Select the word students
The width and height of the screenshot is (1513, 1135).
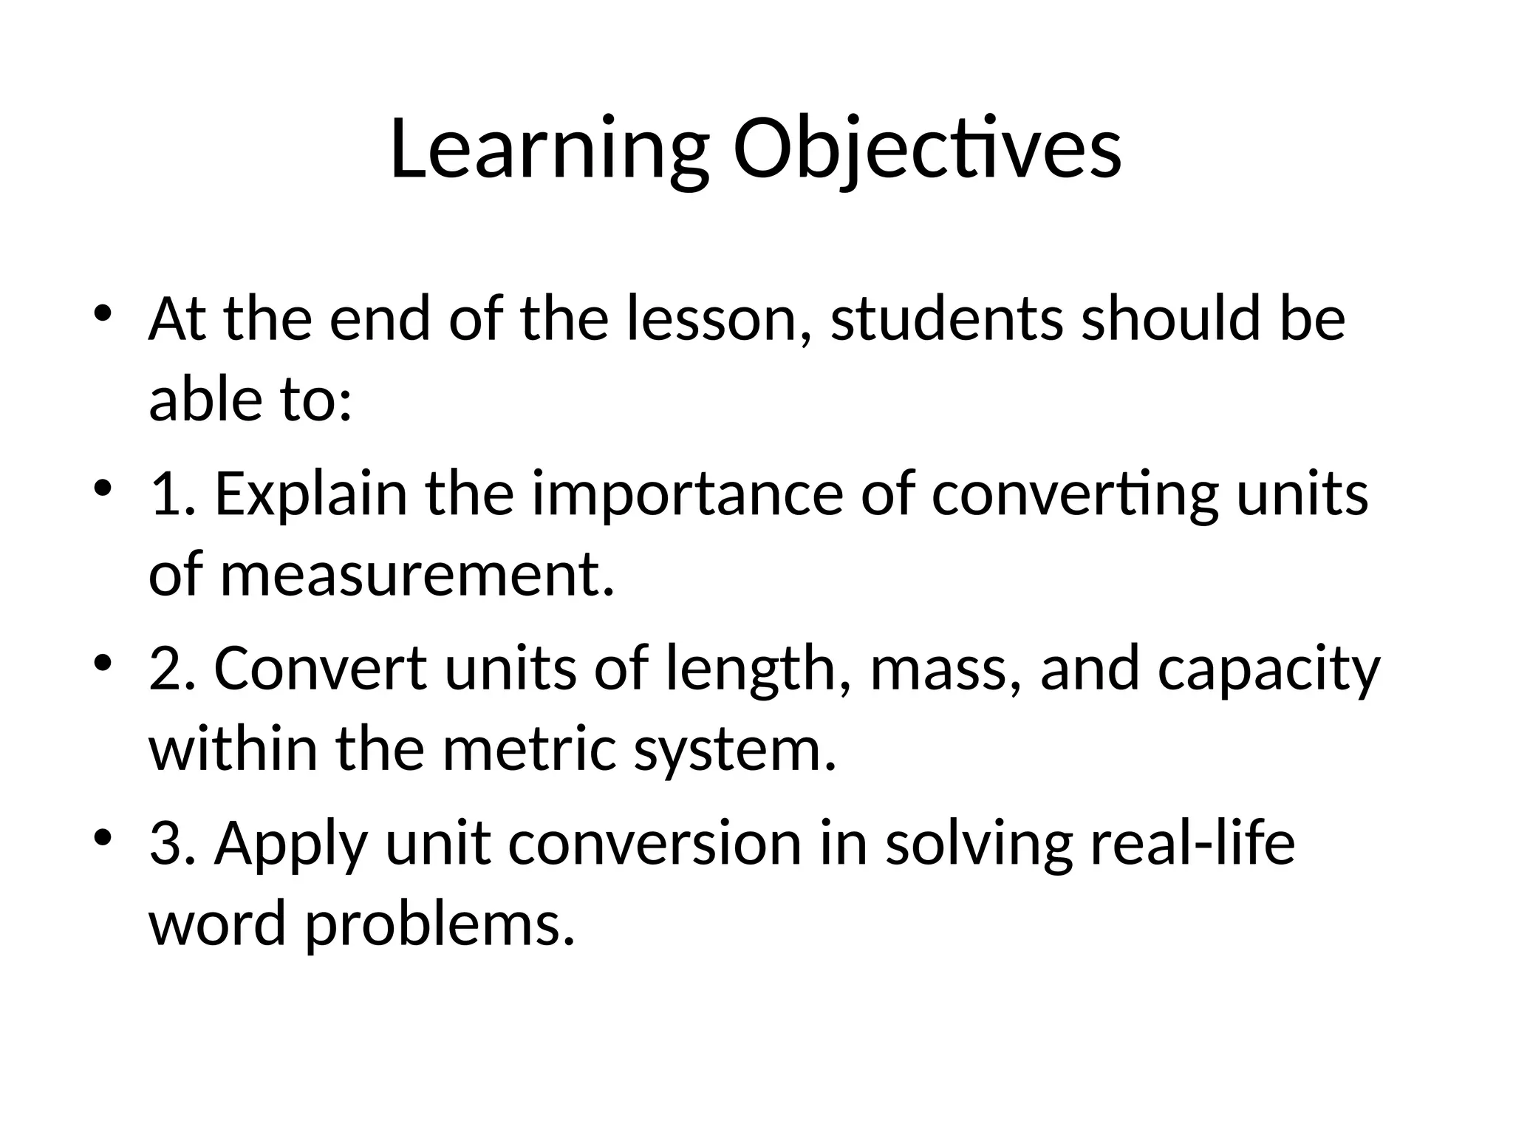947,319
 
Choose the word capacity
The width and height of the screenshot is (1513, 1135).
1268,669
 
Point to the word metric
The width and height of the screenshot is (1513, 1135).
529,749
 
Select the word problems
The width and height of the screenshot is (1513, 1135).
440,925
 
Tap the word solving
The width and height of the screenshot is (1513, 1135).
979,845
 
